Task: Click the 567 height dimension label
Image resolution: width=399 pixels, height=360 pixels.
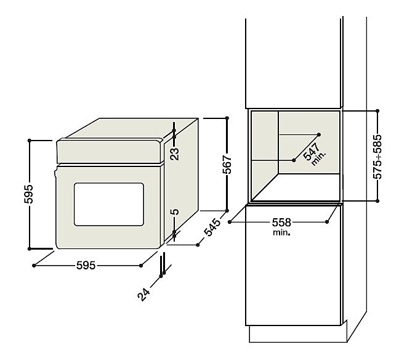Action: tap(227, 164)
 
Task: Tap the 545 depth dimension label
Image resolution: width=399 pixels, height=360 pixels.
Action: tap(212, 227)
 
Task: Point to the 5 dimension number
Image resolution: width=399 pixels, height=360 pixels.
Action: tap(175, 211)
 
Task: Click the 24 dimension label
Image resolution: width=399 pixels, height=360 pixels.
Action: tap(143, 294)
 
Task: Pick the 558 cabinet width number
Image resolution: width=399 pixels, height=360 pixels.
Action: tap(281, 223)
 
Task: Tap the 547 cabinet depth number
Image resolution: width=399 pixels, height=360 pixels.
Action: tap(311, 152)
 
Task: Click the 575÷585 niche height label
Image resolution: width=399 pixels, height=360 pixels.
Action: tap(377, 157)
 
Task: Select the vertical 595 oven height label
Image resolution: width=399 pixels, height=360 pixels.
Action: tap(28, 194)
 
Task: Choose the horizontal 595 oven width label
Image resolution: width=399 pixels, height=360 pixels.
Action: tap(86, 266)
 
